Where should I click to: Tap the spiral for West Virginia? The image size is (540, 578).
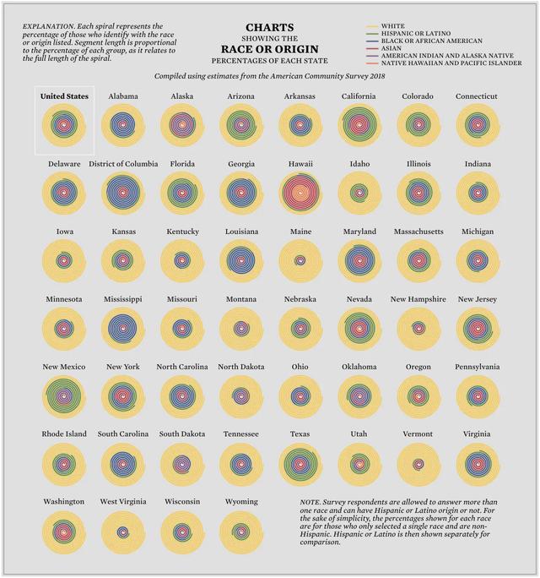[x=123, y=532]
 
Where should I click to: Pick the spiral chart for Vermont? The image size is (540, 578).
[x=418, y=463]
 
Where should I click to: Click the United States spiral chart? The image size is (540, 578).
[x=64, y=125]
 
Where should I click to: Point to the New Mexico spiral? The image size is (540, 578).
[x=64, y=395]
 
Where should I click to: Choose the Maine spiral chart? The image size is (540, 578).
[x=300, y=260]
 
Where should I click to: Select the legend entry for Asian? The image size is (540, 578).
[x=392, y=48]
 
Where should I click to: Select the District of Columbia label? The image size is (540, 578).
[x=123, y=164]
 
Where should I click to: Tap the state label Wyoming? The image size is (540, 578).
[x=240, y=502]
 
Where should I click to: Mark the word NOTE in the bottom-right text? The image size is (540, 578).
[x=312, y=503]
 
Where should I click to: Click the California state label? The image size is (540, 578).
[x=359, y=96]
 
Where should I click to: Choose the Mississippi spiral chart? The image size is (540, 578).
[x=123, y=328]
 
